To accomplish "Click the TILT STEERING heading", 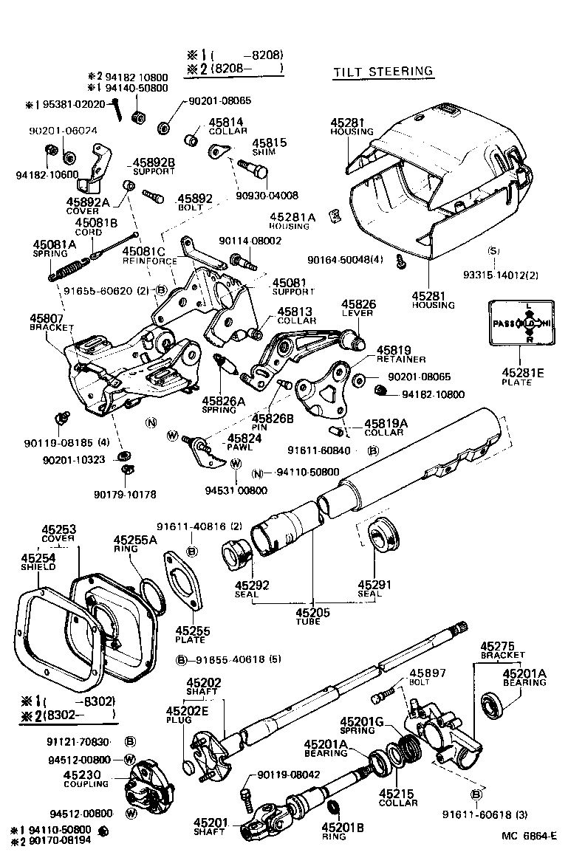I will (x=383, y=72).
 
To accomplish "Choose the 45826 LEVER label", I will (x=357, y=308).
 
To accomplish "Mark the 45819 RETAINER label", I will (x=400, y=354).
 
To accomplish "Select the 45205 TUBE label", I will (x=312, y=617).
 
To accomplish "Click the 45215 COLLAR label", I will (x=398, y=798).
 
